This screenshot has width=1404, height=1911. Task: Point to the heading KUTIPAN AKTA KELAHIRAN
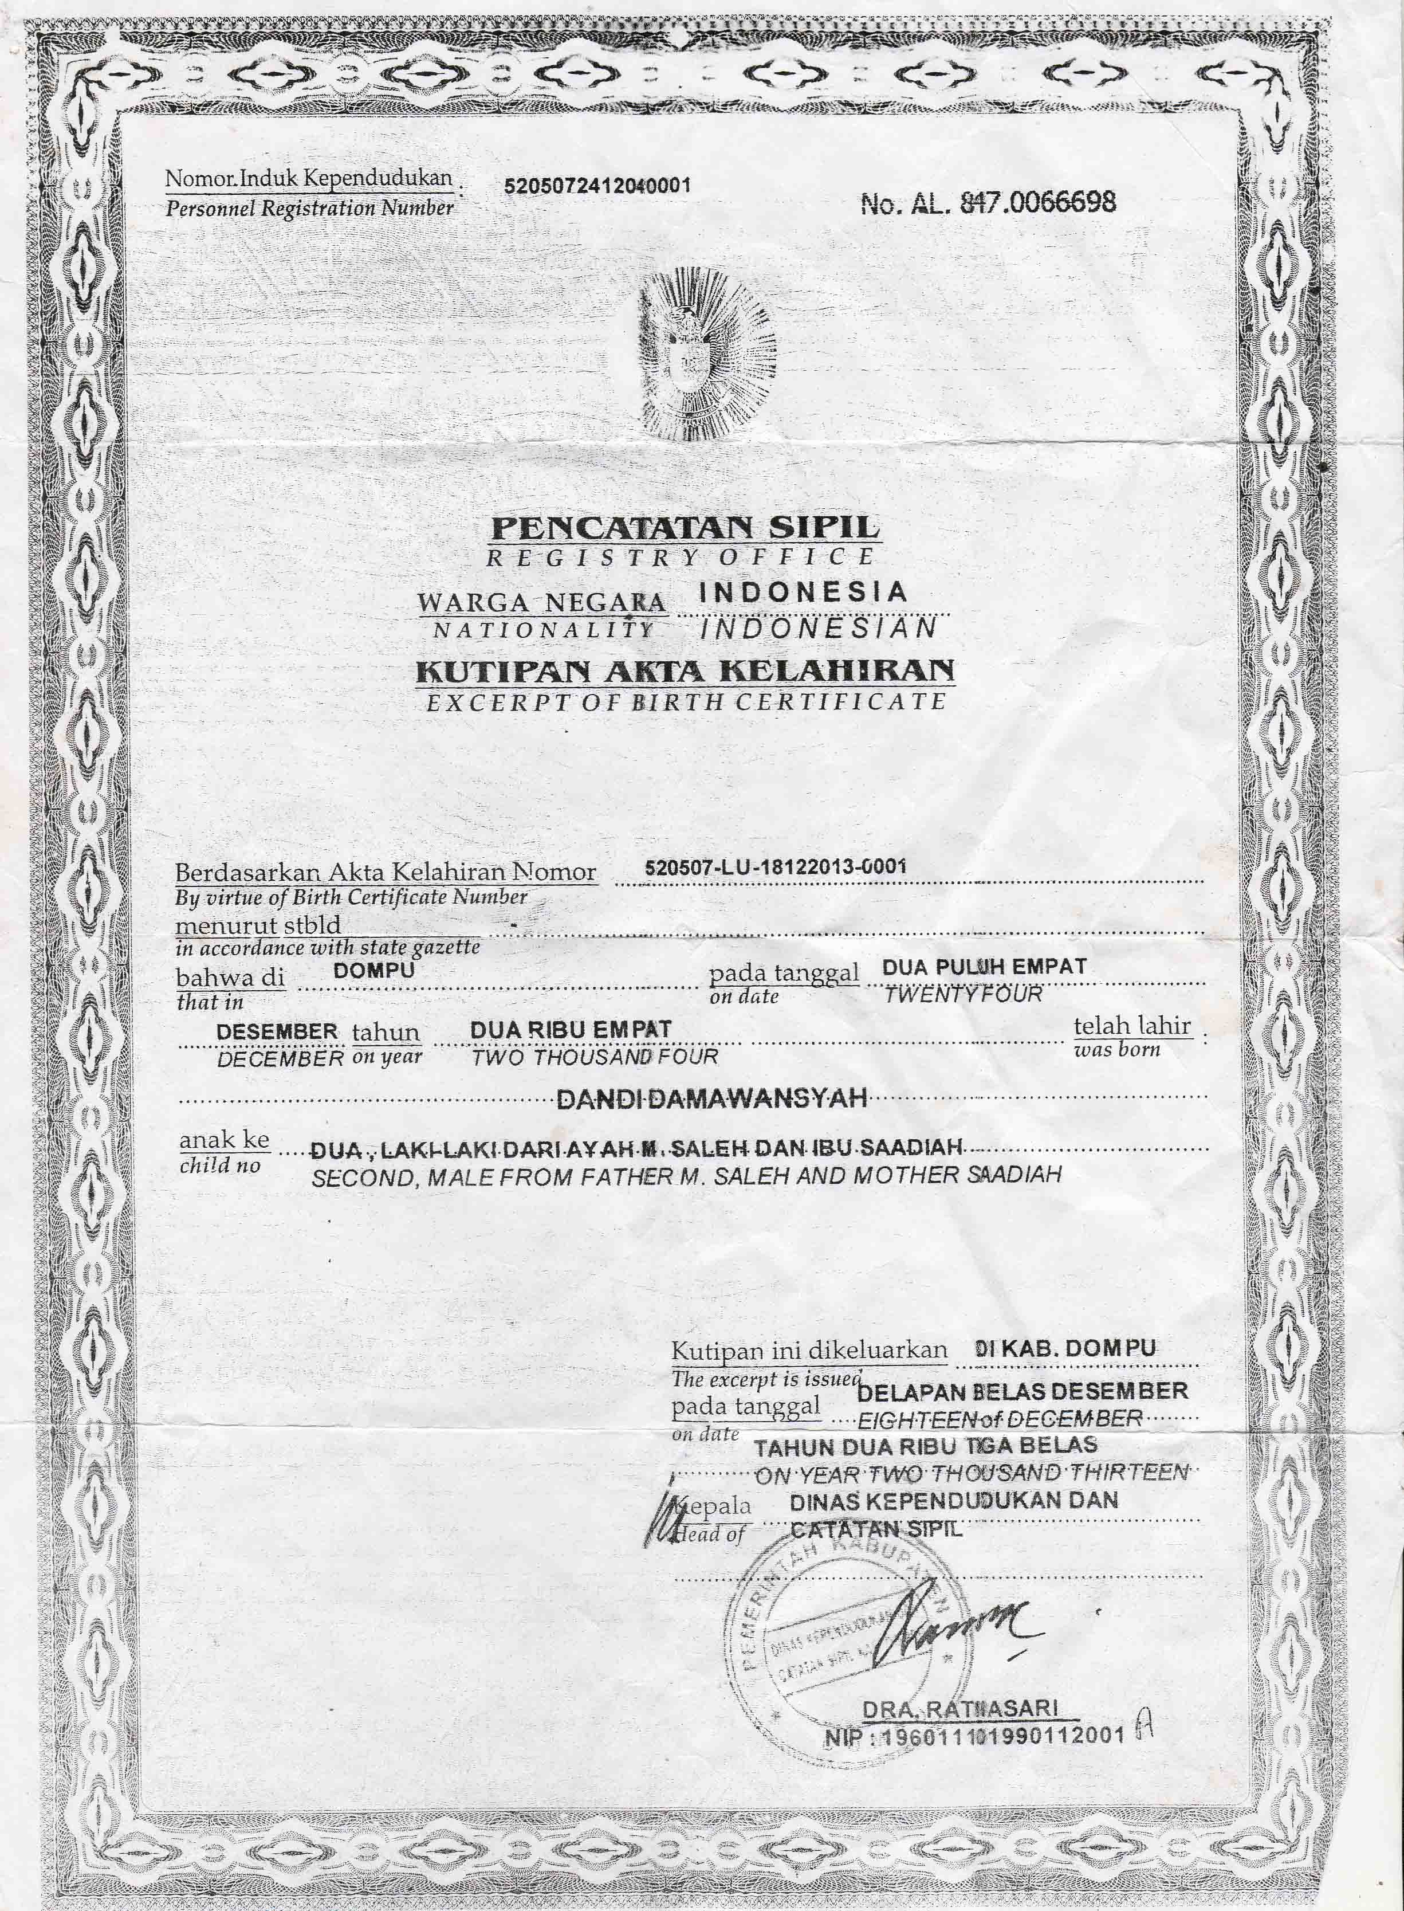tap(684, 672)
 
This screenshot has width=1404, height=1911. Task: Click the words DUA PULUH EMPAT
tap(984, 967)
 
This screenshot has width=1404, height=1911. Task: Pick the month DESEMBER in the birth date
tap(277, 1031)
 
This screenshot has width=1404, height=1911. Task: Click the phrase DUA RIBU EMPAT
tap(571, 1030)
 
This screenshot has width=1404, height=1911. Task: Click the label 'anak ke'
tap(223, 1139)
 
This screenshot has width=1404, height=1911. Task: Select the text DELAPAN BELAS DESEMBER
tap(1022, 1392)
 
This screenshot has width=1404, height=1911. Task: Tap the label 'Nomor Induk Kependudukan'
tap(309, 179)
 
